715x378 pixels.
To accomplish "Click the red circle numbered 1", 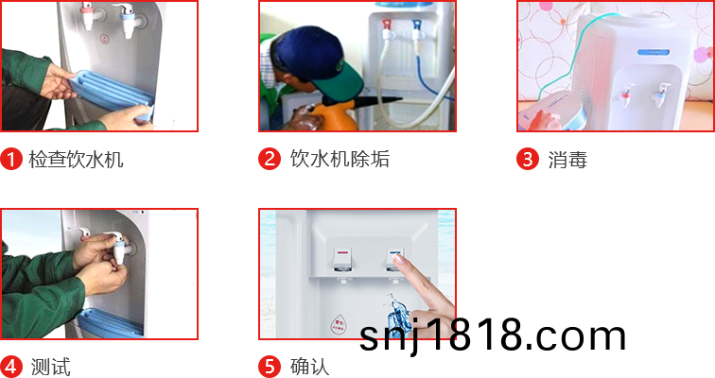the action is tap(11, 159).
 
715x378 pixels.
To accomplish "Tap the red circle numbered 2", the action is tap(270, 159).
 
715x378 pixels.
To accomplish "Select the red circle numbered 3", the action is tap(528, 159).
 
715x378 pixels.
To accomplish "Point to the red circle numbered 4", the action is tap(11, 367).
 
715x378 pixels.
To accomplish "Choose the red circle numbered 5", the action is tap(270, 367).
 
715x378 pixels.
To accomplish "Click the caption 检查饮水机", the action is tap(76, 160).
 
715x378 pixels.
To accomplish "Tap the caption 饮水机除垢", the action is tap(340, 159).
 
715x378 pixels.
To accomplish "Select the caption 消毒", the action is tap(567, 160).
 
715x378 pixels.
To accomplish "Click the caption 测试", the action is tap(51, 367).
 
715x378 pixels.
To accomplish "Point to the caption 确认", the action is tap(309, 367).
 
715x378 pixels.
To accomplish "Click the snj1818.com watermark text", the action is tap(493, 335).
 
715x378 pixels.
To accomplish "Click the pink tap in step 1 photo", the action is tap(88, 15).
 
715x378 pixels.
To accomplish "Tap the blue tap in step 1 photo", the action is tap(128, 20).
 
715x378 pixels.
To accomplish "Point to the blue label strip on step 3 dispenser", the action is tap(653, 52).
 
